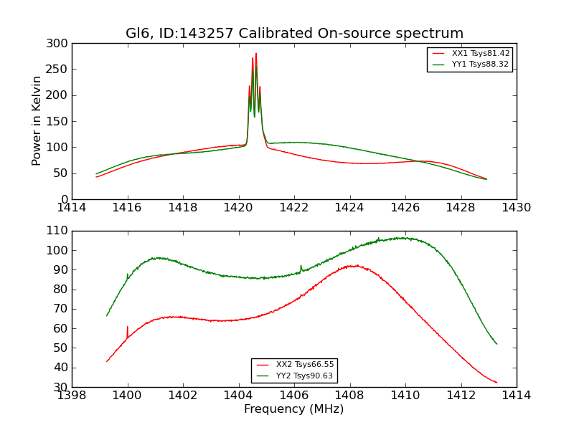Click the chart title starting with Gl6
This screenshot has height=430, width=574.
pyautogui.click(x=294, y=34)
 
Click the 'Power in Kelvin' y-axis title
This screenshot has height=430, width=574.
pyautogui.click(x=37, y=121)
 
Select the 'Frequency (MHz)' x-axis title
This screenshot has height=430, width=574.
pyautogui.click(x=293, y=409)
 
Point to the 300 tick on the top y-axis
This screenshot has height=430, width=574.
pyautogui.click(x=60, y=44)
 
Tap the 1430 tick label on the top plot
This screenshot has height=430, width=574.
pyautogui.click(x=516, y=207)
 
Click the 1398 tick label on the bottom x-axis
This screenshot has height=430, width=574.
pyautogui.click(x=72, y=395)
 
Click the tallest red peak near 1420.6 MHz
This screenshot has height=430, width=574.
pyautogui.click(x=255, y=54)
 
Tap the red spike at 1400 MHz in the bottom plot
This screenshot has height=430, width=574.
pyautogui.click(x=128, y=328)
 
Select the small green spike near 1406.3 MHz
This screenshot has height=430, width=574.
pyautogui.click(x=301, y=266)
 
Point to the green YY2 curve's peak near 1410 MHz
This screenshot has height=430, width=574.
pyautogui.click(x=403, y=238)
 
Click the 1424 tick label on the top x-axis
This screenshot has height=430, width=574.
pyautogui.click(x=349, y=207)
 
